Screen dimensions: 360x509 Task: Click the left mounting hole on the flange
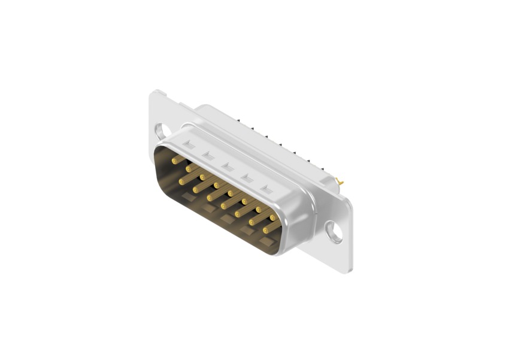click(x=159, y=129)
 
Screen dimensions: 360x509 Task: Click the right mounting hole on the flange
click(x=334, y=231)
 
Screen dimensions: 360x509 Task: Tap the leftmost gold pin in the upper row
click(x=175, y=161)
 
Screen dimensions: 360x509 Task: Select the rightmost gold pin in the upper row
click(x=273, y=217)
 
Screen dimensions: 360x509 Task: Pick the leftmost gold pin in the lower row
click(x=182, y=180)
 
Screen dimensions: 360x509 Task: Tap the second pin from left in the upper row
click(x=189, y=169)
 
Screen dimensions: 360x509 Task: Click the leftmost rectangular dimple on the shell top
click(x=189, y=144)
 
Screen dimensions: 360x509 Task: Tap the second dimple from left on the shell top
click(x=208, y=156)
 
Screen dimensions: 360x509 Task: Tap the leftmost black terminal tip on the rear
click(x=238, y=119)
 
